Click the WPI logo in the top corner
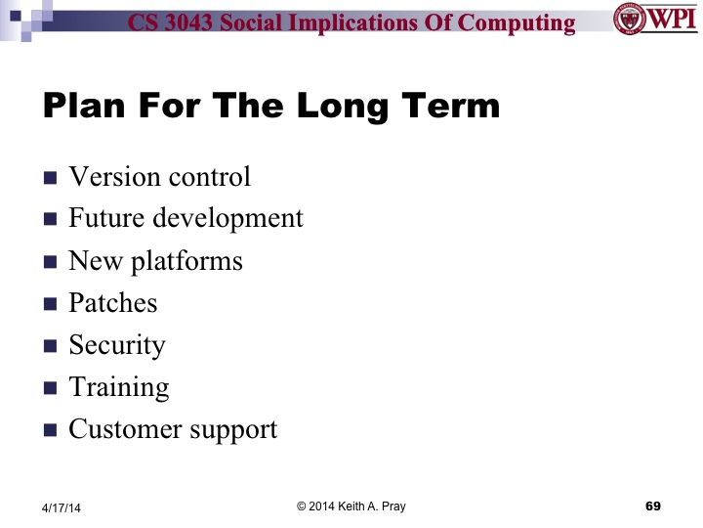pyautogui.click(x=654, y=20)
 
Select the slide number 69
pyautogui.click(x=653, y=506)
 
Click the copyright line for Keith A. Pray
pyautogui.click(x=351, y=506)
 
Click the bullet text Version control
pyautogui.click(x=159, y=176)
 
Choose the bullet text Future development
pyautogui.click(x=186, y=218)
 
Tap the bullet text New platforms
pyautogui.click(x=155, y=261)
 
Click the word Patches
pyautogui.click(x=112, y=303)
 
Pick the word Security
pyautogui.click(x=117, y=345)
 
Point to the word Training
pyautogui.click(x=118, y=387)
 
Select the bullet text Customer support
pyautogui.click(x=173, y=429)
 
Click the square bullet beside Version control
pyautogui.click(x=51, y=178)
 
